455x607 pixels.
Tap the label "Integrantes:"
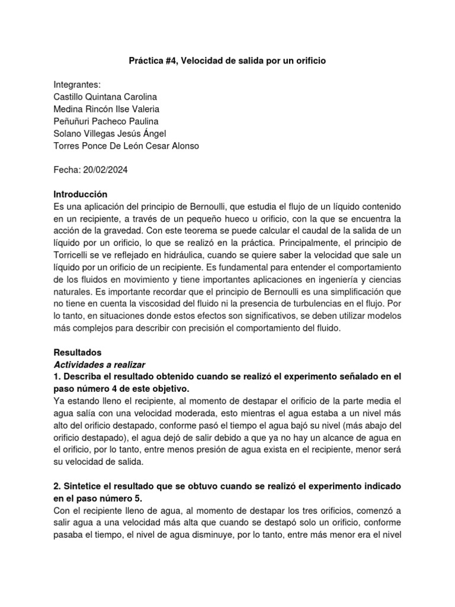[x=78, y=85]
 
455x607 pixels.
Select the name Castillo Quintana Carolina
[x=105, y=97]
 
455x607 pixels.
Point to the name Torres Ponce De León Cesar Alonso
[x=127, y=146]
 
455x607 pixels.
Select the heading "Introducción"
[x=81, y=194]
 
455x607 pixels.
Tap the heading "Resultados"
[x=78, y=352]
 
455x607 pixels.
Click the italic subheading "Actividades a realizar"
[x=100, y=363]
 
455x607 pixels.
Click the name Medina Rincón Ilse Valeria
[x=106, y=109]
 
